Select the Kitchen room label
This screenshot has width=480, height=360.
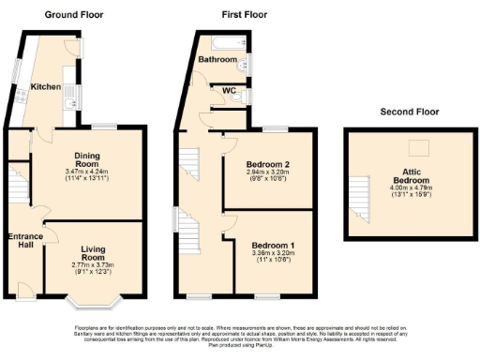tap(46, 87)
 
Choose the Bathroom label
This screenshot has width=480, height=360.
tap(216, 59)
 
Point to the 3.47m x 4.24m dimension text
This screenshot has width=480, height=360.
tap(89, 172)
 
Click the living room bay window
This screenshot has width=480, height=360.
tap(92, 298)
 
